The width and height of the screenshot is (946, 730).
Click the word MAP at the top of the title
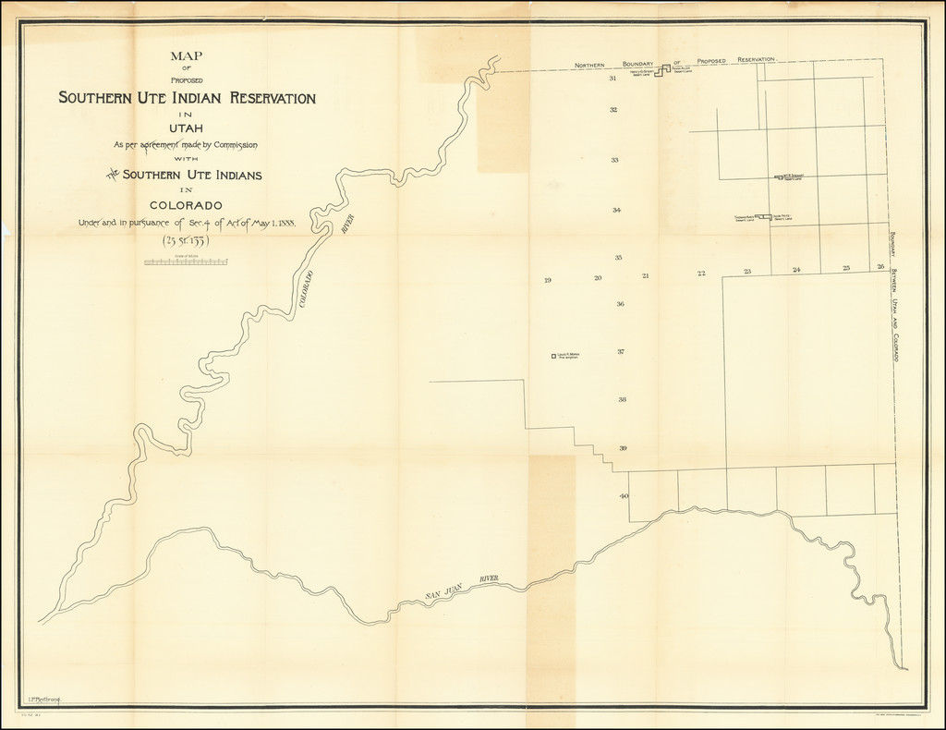pos(187,56)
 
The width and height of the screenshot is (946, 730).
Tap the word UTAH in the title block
pos(187,127)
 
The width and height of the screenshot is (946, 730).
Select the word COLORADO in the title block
pos(186,205)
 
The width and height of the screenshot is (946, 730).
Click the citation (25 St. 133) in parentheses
pos(186,242)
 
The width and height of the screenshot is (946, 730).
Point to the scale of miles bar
pos(186,262)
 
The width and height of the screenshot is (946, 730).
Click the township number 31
pos(613,79)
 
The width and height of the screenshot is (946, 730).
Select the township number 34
pos(616,210)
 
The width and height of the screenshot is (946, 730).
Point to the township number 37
pos(622,352)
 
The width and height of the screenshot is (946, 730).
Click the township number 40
pos(625,496)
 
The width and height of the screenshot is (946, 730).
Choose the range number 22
pos(701,274)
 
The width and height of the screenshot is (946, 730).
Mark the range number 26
pos(880,267)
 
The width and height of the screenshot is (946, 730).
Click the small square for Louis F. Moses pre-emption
pos(553,356)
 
